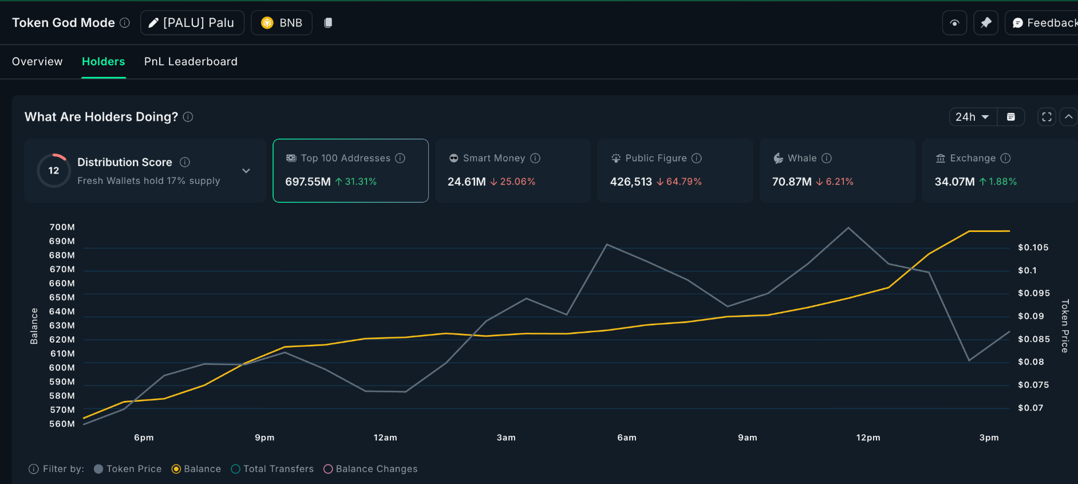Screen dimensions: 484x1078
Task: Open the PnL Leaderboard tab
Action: [191, 61]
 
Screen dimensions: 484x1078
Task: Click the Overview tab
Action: [37, 61]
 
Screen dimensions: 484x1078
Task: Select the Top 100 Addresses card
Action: [350, 170]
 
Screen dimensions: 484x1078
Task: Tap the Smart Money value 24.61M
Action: [466, 182]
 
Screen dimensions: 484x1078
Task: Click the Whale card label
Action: [801, 158]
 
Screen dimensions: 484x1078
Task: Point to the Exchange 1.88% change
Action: [1002, 182]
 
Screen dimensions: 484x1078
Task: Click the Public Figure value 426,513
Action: [630, 182]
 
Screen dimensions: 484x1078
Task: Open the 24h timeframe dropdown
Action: [972, 117]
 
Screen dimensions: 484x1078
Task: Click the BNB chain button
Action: [282, 23]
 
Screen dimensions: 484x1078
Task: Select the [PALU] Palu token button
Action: [192, 23]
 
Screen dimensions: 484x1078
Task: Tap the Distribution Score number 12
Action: [54, 171]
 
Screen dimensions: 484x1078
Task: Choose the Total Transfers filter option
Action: [273, 469]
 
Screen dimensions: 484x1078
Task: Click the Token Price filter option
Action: [128, 469]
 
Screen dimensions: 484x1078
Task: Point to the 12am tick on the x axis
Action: [385, 438]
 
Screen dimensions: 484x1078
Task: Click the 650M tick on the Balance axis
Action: [62, 297]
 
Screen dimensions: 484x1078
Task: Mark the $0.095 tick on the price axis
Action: [1033, 293]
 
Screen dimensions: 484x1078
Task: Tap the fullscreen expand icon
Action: [1047, 117]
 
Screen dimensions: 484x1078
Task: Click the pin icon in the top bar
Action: [986, 23]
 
